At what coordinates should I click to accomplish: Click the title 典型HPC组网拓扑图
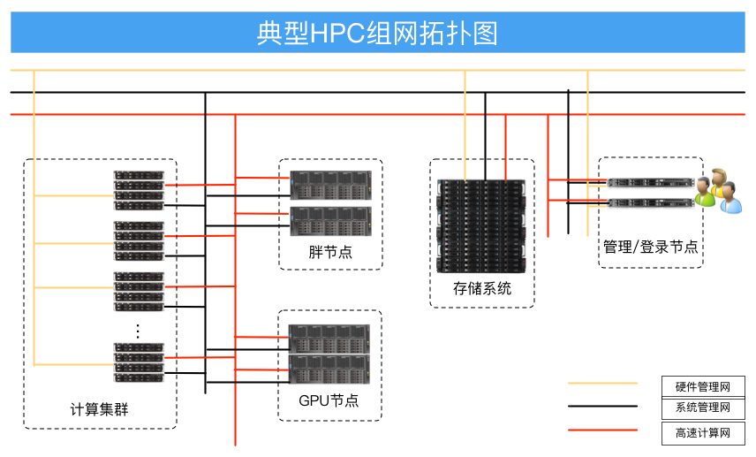click(377, 33)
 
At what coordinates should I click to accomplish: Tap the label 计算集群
click(100, 409)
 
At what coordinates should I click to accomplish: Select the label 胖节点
click(330, 252)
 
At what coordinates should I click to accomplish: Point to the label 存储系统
click(482, 289)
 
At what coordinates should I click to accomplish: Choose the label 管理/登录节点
click(650, 247)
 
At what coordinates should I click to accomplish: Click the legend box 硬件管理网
click(703, 386)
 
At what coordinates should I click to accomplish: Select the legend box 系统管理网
click(703, 407)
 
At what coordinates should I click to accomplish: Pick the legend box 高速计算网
click(703, 432)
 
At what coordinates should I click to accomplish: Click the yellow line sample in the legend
click(602, 384)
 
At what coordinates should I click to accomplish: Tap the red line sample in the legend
click(602, 430)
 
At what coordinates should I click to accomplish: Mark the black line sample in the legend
click(602, 407)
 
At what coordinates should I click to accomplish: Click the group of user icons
click(717, 189)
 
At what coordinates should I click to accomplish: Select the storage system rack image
click(482, 225)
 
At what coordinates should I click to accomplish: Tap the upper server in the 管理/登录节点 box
click(651, 182)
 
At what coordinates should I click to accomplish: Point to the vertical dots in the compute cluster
click(138, 331)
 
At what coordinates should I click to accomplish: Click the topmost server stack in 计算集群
click(139, 190)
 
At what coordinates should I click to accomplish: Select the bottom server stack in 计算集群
click(139, 362)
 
